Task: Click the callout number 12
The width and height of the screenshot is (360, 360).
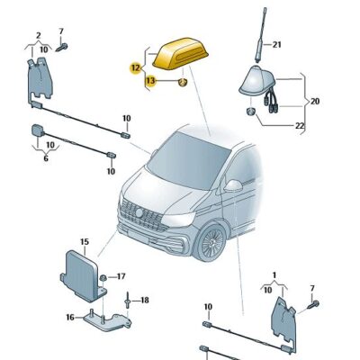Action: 135,67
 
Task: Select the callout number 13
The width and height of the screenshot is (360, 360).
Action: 151,81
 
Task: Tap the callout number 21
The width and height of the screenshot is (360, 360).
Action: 277,44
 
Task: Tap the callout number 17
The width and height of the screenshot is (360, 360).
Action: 121,276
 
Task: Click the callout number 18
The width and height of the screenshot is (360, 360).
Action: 144,299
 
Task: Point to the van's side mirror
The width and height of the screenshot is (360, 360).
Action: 233,185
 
